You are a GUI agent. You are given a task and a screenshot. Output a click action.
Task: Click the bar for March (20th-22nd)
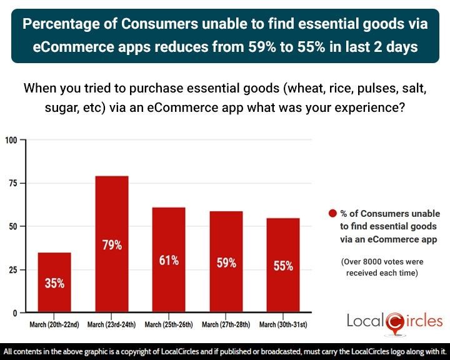(x=54, y=282)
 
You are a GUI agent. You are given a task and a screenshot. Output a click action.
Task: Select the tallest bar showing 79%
(x=111, y=244)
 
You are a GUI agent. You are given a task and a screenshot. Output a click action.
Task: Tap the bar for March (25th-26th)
(x=169, y=259)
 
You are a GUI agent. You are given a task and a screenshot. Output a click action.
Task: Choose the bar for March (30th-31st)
(x=283, y=265)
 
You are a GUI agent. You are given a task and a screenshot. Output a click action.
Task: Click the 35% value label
(x=54, y=283)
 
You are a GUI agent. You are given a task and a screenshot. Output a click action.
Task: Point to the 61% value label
(x=169, y=260)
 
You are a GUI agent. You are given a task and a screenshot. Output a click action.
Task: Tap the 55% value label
(x=283, y=266)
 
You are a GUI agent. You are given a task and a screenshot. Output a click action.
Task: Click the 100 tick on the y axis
(x=11, y=139)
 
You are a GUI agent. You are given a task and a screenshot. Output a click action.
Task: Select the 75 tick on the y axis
(x=12, y=183)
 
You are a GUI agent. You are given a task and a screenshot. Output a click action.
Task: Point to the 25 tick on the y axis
(x=12, y=269)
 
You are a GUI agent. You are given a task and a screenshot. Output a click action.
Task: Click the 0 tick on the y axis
(x=15, y=312)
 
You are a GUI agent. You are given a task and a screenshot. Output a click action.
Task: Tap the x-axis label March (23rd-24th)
(x=111, y=324)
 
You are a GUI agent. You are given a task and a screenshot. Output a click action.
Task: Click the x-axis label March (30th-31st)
(x=283, y=324)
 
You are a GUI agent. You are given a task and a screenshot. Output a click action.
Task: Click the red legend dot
(x=333, y=214)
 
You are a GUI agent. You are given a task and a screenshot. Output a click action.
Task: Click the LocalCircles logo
(x=394, y=322)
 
